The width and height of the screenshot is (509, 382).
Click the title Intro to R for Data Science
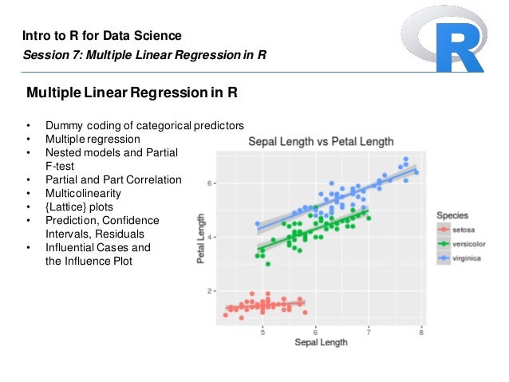click(101, 36)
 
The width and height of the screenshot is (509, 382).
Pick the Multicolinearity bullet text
click(83, 193)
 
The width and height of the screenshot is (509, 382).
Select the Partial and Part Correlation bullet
click(113, 179)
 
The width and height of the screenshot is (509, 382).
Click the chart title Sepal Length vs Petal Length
click(321, 142)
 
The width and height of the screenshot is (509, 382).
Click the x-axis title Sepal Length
click(321, 342)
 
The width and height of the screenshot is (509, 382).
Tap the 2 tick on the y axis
click(210, 291)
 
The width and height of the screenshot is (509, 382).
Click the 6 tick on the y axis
click(210, 183)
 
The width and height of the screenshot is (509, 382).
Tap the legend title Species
click(452, 215)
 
